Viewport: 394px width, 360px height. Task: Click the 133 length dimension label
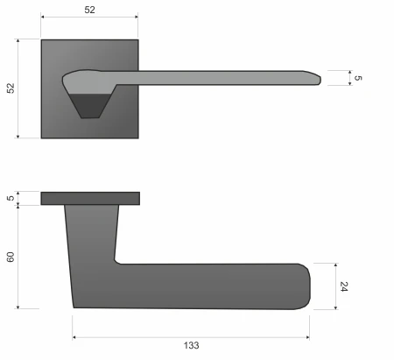point(191,345)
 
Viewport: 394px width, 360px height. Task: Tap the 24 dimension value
point(344,286)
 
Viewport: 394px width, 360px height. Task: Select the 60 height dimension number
point(11,257)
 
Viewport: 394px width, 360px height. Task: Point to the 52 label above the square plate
point(89,10)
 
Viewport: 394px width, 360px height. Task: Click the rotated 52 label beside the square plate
point(11,88)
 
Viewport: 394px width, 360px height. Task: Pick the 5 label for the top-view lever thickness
point(358,78)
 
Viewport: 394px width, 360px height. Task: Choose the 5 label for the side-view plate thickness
point(11,198)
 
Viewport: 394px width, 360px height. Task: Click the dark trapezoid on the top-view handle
point(90,106)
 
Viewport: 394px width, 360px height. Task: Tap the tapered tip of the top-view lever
point(320,80)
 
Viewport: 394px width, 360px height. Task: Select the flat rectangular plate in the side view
point(90,199)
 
